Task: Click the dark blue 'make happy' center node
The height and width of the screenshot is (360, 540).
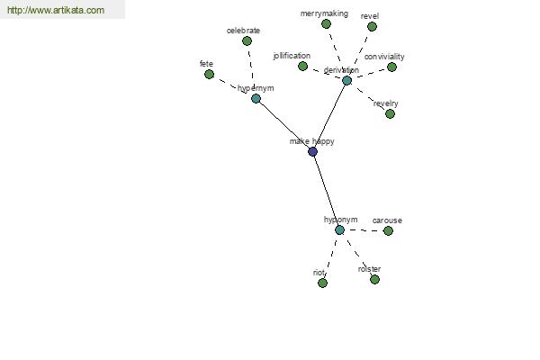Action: (312, 151)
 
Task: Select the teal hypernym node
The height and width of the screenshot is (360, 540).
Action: (256, 99)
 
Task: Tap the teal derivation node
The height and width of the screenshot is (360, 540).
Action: (346, 81)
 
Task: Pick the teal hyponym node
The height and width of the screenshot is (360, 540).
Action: (339, 230)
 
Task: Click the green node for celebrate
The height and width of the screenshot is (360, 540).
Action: (247, 41)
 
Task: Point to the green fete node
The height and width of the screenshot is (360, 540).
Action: (209, 75)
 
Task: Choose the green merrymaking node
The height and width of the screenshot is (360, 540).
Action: (326, 24)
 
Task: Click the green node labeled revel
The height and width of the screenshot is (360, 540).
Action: (372, 26)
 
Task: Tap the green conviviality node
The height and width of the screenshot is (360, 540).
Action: (391, 67)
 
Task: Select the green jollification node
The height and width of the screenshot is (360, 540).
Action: (302, 66)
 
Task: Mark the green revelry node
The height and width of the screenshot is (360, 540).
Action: (390, 114)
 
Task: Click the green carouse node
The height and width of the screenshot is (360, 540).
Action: (388, 230)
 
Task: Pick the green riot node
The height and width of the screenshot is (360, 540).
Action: (323, 283)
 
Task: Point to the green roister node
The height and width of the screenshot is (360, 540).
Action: (374, 279)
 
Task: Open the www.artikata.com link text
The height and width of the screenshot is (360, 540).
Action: (56, 10)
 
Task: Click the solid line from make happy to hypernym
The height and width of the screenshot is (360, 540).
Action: (284, 125)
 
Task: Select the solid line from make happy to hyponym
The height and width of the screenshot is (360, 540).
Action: (326, 191)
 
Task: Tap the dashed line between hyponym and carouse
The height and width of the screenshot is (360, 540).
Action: (364, 230)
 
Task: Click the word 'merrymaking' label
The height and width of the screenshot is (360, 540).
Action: (324, 13)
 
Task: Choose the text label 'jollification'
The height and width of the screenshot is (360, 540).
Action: (292, 56)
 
